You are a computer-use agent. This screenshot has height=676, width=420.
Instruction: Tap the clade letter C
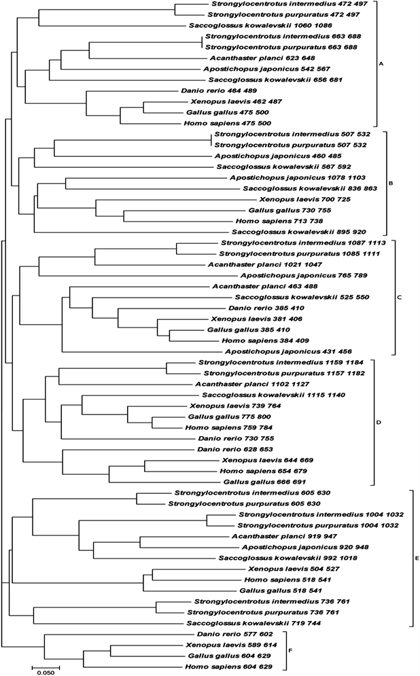(400, 297)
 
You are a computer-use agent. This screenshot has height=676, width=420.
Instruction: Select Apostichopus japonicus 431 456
(285, 351)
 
